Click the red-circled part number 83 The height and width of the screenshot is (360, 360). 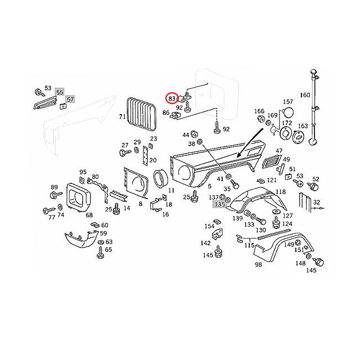[172, 98]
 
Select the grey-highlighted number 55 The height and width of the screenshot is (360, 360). [60, 92]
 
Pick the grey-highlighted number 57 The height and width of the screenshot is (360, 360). [70, 100]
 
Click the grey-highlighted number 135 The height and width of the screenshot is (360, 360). [220, 204]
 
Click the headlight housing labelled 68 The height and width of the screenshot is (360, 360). [79, 197]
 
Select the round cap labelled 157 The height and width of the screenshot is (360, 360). [287, 113]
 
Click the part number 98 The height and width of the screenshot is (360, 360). [258, 265]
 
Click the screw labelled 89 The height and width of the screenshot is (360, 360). [56, 195]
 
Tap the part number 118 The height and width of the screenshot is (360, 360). [281, 192]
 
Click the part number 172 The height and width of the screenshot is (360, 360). [287, 123]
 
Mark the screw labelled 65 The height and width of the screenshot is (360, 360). [100, 253]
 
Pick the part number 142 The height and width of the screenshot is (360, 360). [205, 243]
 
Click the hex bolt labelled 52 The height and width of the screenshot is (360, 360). [314, 186]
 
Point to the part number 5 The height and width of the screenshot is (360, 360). [210, 186]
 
